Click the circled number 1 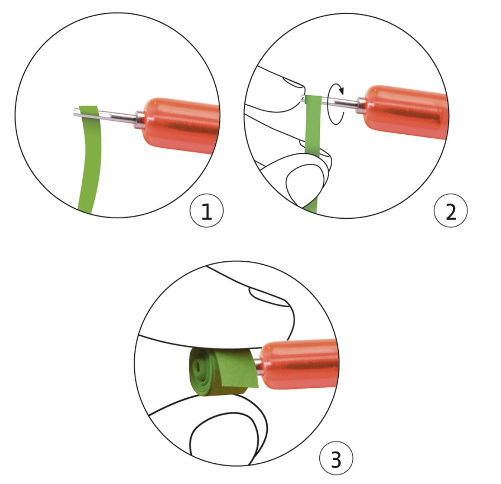tap(207, 210)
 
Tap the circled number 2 tap(451, 211)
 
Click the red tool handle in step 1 tap(181, 125)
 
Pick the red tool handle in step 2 tap(406, 111)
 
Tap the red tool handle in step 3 tap(299, 364)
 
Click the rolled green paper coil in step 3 tap(220, 372)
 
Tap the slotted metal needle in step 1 tap(106, 115)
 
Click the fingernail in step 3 tap(268, 295)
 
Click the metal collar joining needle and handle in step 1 tap(140, 120)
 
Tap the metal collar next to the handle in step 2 tap(361, 105)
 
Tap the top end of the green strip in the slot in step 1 tap(88, 106)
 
